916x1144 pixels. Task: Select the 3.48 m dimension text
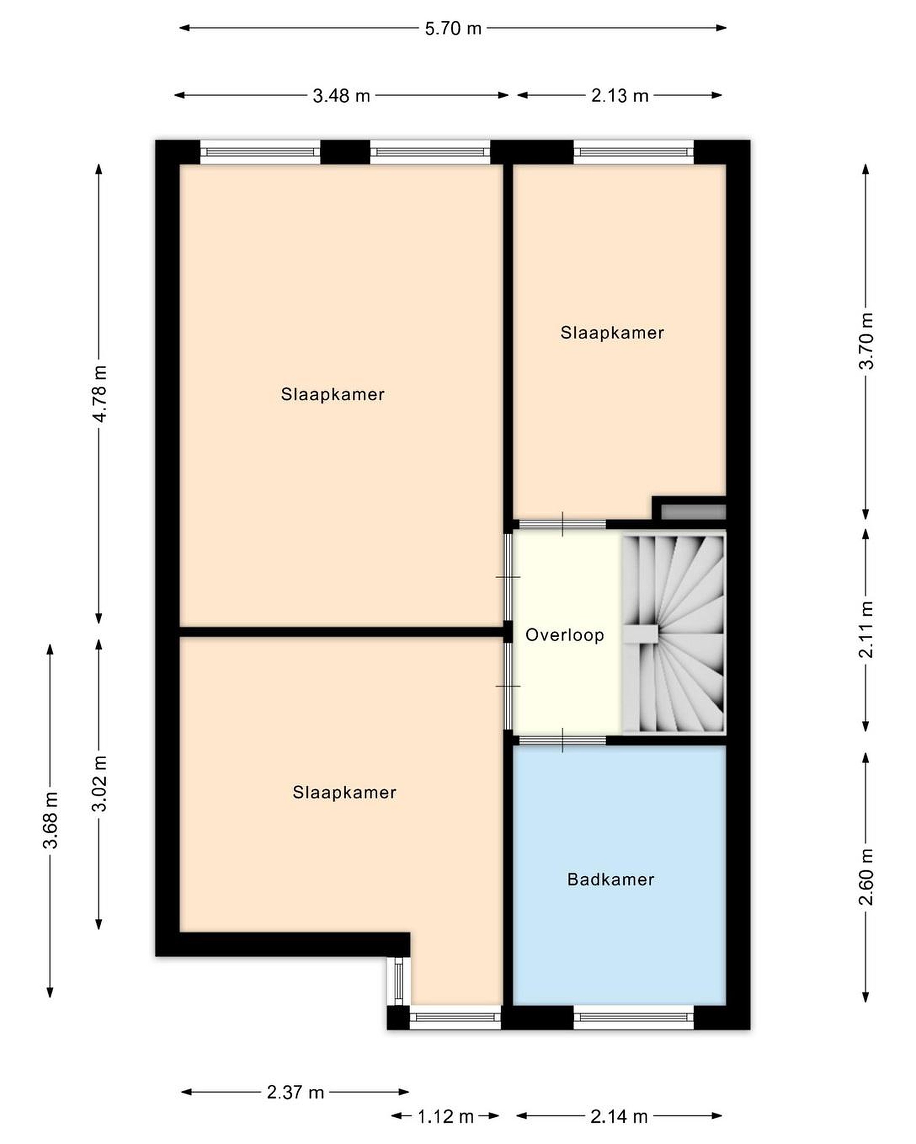pos(341,95)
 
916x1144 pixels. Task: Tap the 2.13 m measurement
pos(619,95)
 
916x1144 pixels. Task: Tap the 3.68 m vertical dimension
pos(51,820)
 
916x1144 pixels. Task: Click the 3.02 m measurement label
pos(100,783)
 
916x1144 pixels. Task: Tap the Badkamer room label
pos(611,879)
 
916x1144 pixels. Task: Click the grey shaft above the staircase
pos(693,512)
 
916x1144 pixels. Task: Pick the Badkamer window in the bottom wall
pos(634,1017)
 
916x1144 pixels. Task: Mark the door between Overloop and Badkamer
pos(562,740)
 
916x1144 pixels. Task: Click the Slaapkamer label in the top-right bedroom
pos(612,333)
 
